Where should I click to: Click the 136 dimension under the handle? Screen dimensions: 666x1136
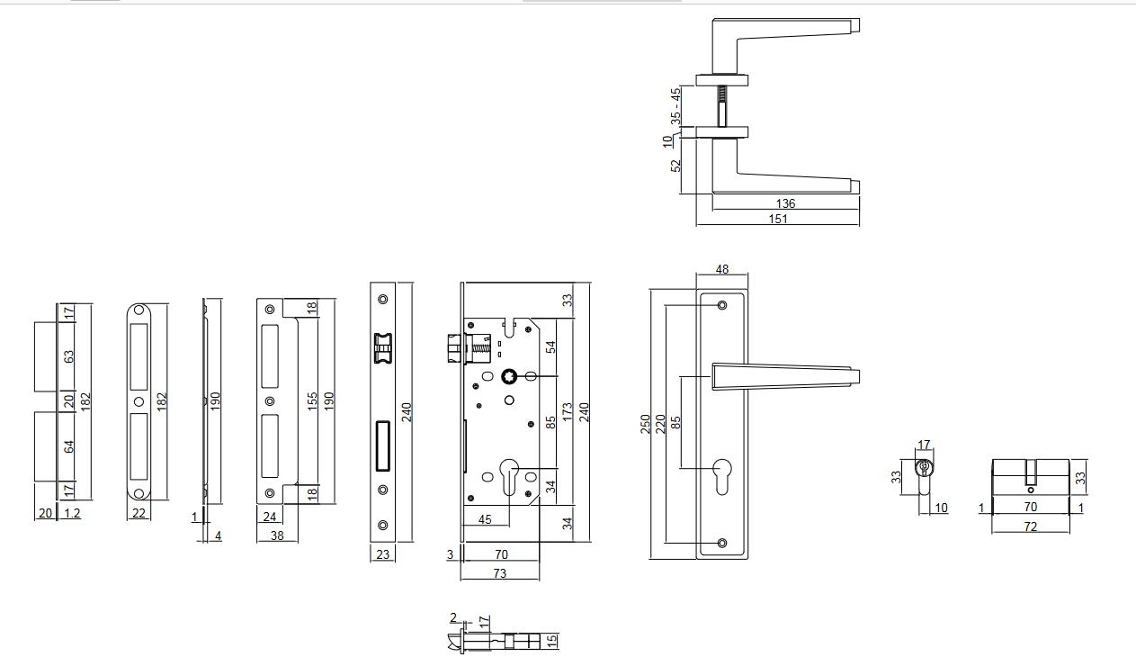[x=785, y=203]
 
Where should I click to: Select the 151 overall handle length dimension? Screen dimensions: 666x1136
[x=779, y=219]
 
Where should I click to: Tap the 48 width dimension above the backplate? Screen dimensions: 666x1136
[x=721, y=269]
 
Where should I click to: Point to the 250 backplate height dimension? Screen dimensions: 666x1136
[x=646, y=424]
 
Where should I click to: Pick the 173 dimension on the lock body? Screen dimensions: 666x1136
[x=568, y=413]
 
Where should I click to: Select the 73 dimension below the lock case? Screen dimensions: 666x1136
[x=499, y=573]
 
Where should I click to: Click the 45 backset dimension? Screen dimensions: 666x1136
[x=484, y=519]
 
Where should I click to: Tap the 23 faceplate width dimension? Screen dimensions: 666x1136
[x=383, y=555]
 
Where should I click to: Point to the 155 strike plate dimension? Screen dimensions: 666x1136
[x=312, y=400]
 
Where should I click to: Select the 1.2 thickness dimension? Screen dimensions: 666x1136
[x=73, y=514]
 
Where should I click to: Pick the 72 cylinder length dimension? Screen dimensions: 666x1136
[x=1031, y=526]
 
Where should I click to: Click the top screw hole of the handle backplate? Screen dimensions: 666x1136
[x=722, y=307]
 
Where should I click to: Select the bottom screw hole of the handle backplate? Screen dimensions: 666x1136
[x=722, y=543]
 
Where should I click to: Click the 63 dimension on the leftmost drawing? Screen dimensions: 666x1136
[x=67, y=355]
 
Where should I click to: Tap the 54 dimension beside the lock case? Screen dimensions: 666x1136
[x=551, y=346]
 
